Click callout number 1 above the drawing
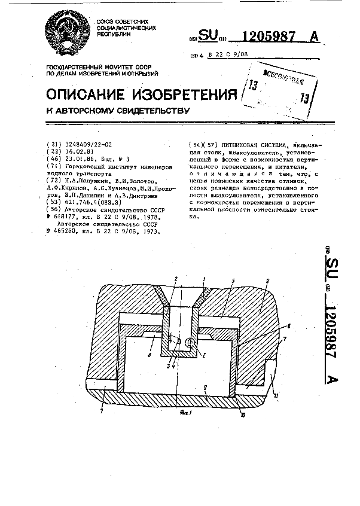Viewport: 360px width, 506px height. tap(203, 279)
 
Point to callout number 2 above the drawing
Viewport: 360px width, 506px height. tap(175, 279)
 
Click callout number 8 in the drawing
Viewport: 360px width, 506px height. tap(148, 354)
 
